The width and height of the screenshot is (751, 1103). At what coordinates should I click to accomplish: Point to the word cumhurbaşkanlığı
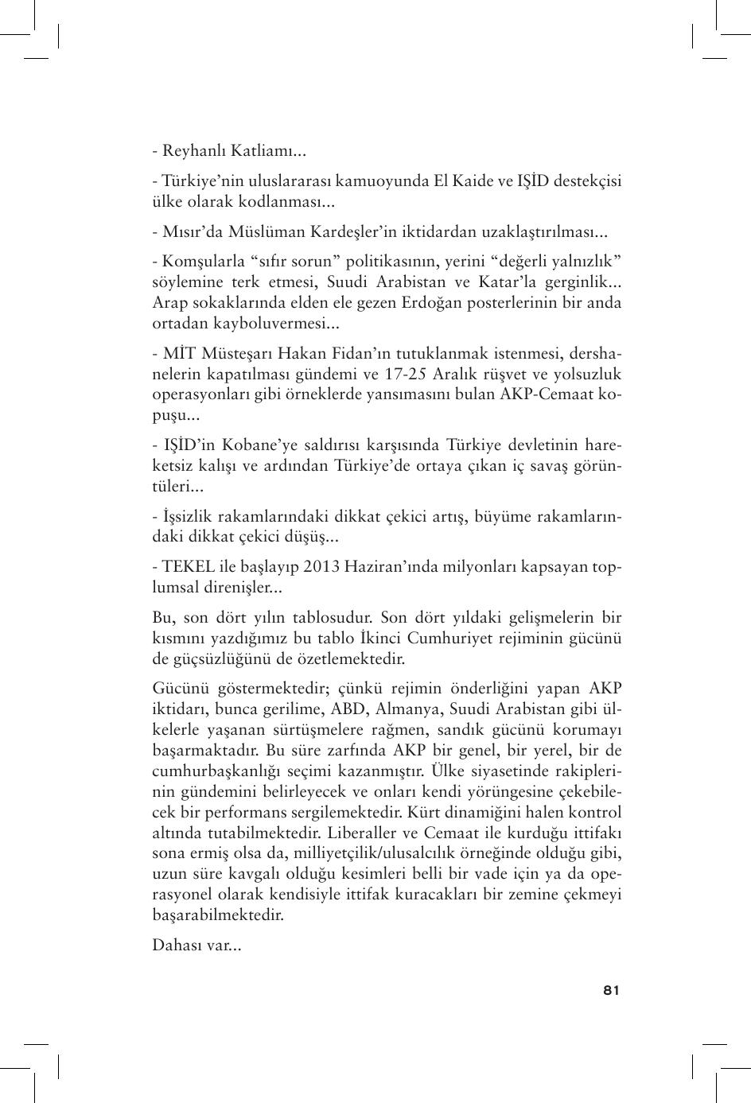208,771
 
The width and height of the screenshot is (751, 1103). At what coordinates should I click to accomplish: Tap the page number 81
611,990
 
